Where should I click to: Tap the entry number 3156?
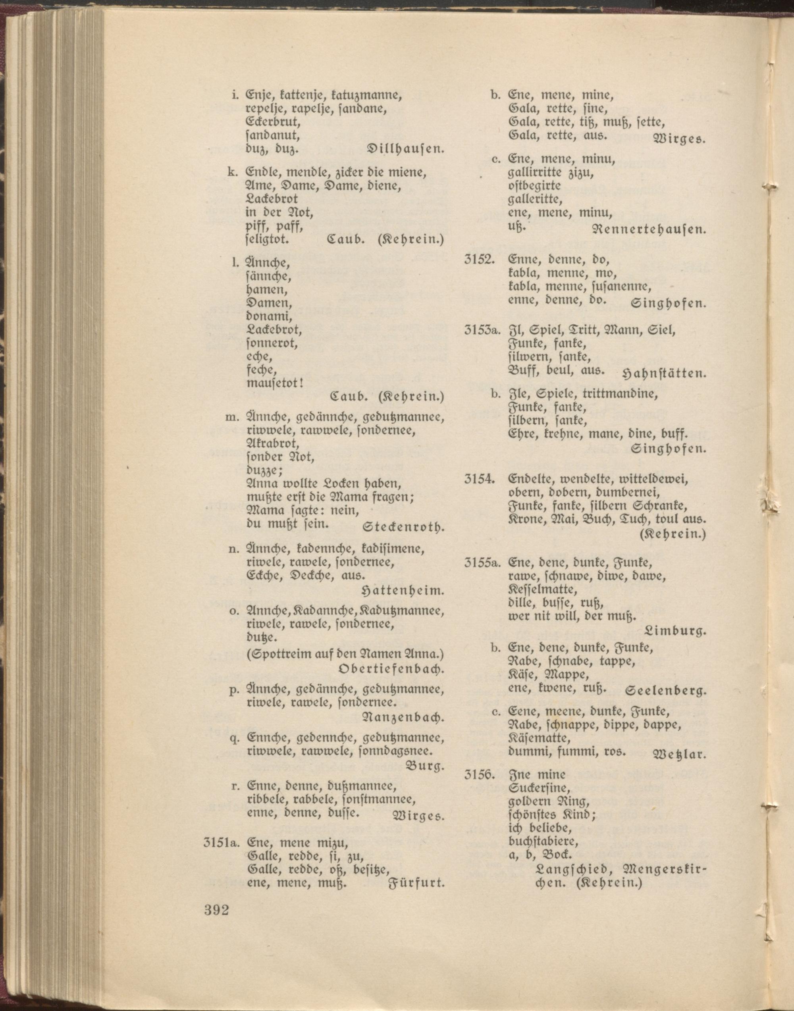tap(478, 775)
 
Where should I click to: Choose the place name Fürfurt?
tap(416, 884)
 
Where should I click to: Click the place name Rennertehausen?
tap(649, 229)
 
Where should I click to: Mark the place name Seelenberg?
tap(666, 691)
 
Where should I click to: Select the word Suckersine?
tap(539, 788)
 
